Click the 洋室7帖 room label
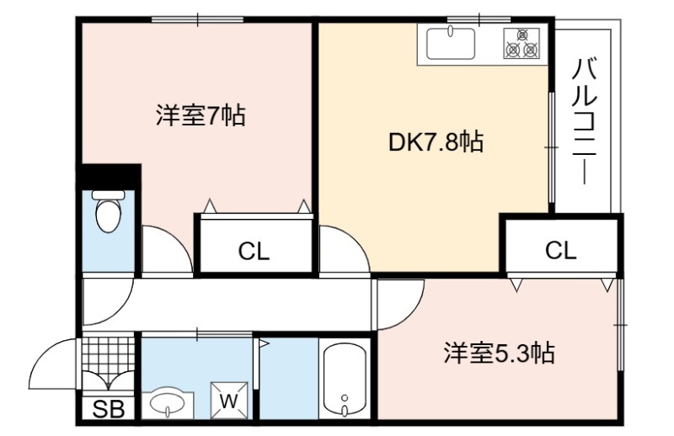[x=201, y=115]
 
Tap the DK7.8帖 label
[x=436, y=141]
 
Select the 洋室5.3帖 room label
[x=500, y=353]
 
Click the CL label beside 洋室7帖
[x=254, y=252]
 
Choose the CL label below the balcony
[x=560, y=250]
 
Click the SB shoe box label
[x=109, y=409]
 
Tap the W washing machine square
[x=229, y=401]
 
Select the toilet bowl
[x=108, y=213]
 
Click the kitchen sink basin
[x=451, y=44]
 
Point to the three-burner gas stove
[x=521, y=44]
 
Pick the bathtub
[x=344, y=380]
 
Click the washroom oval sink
[x=168, y=402]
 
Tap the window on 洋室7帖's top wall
[x=198, y=19]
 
